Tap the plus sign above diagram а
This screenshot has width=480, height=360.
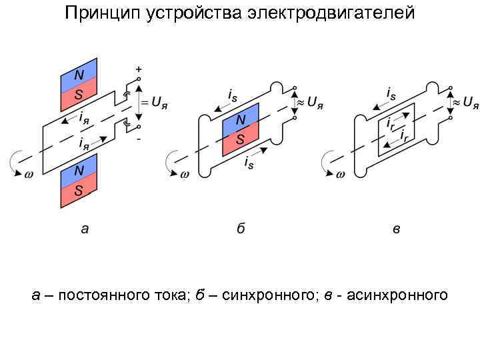(139, 69)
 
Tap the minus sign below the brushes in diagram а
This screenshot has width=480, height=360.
(139, 139)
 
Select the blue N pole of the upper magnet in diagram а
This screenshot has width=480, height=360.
(79, 74)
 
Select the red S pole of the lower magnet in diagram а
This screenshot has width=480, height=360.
(79, 191)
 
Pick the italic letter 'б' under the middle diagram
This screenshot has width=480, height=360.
(241, 229)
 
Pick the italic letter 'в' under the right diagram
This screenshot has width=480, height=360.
(396, 229)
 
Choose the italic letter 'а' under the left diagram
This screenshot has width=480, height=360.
(84, 229)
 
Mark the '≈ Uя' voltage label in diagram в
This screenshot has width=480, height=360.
(465, 103)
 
